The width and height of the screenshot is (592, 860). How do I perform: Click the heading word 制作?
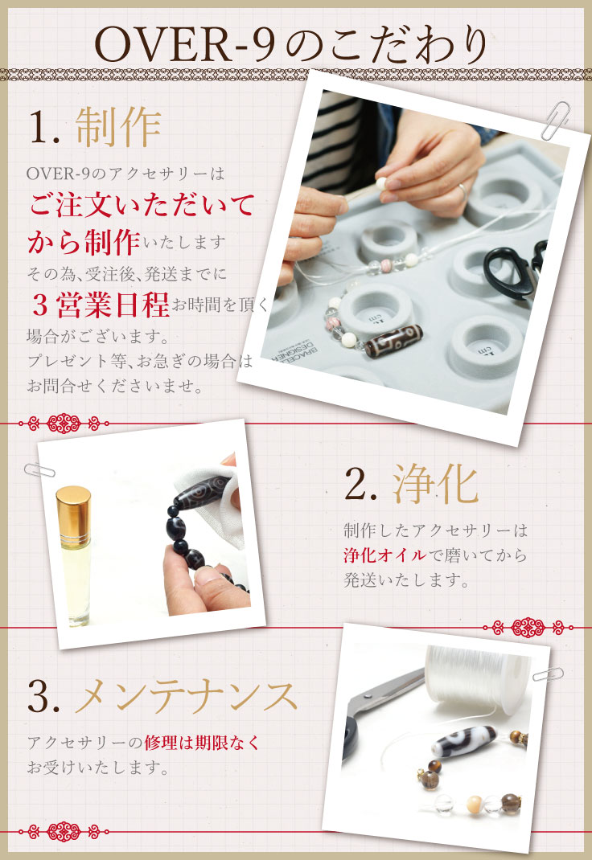pyautogui.click(x=119, y=126)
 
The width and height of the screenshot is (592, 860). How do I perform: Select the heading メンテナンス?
pyautogui.click(x=186, y=696)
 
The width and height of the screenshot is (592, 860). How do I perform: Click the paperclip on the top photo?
pyautogui.click(x=555, y=121)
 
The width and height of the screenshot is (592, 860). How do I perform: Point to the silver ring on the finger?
pyautogui.click(x=462, y=190)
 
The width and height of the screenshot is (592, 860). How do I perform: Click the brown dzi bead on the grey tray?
pyautogui.click(x=394, y=341)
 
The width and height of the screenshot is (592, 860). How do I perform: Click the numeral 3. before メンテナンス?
pyautogui.click(x=44, y=697)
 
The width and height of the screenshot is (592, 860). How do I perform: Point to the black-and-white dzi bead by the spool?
pyautogui.click(x=460, y=740)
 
